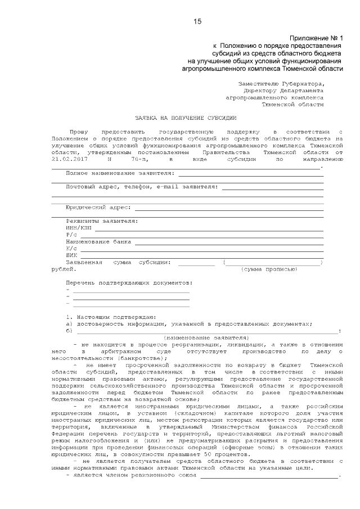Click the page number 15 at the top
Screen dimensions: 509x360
pyautogui.click(x=197, y=21)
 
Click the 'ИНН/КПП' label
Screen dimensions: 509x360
pyautogui.click(x=78, y=228)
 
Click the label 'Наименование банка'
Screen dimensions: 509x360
pyautogui.click(x=98, y=241)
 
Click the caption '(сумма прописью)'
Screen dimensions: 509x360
pyautogui.click(x=269, y=269)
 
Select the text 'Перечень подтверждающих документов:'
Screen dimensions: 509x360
pyautogui.click(x=129, y=282)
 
